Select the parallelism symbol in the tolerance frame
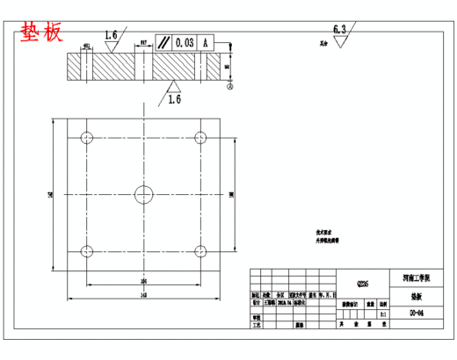tap(164, 42)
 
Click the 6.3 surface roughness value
tap(340, 29)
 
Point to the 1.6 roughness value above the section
tap(112, 35)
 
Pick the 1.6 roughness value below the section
tap(176, 99)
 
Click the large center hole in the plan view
tap(143, 193)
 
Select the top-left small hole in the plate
tap(86, 137)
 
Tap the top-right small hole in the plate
tap(201, 137)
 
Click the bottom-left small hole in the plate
tap(86, 249)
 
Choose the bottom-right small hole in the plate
tap(201, 249)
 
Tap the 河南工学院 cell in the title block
tap(417, 277)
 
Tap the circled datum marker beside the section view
tap(230, 87)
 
